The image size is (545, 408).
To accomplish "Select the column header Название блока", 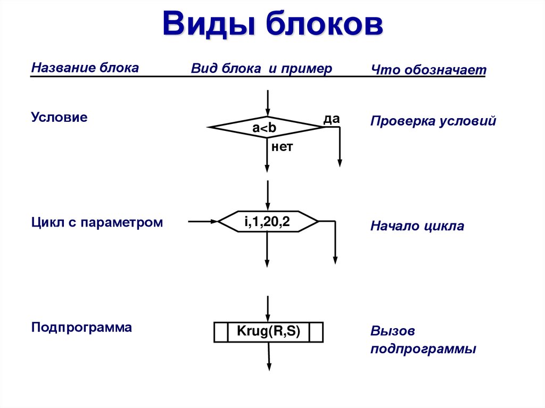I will click(85, 68).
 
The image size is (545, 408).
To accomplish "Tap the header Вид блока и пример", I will click(261, 69).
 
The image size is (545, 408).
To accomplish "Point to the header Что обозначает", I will click(428, 70).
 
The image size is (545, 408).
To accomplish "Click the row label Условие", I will click(59, 117).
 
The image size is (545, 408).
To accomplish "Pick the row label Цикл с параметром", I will click(97, 222).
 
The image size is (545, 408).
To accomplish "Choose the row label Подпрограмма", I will click(81, 327).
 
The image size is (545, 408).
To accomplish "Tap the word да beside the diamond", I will click(332, 118).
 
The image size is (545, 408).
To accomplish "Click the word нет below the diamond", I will click(282, 147).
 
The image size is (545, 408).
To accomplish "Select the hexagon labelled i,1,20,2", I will click(268, 221).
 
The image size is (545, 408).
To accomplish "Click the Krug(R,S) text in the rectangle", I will click(269, 332).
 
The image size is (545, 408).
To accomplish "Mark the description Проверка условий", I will click(433, 121).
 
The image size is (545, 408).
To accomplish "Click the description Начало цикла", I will click(417, 226).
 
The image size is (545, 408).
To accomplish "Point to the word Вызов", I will click(393, 331).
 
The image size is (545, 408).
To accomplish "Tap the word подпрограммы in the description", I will click(423, 349).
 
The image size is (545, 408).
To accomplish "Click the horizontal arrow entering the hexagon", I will click(203, 221).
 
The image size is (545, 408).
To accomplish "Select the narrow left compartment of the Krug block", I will click(221, 332).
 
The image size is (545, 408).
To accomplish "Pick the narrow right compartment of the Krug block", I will click(316, 332).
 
